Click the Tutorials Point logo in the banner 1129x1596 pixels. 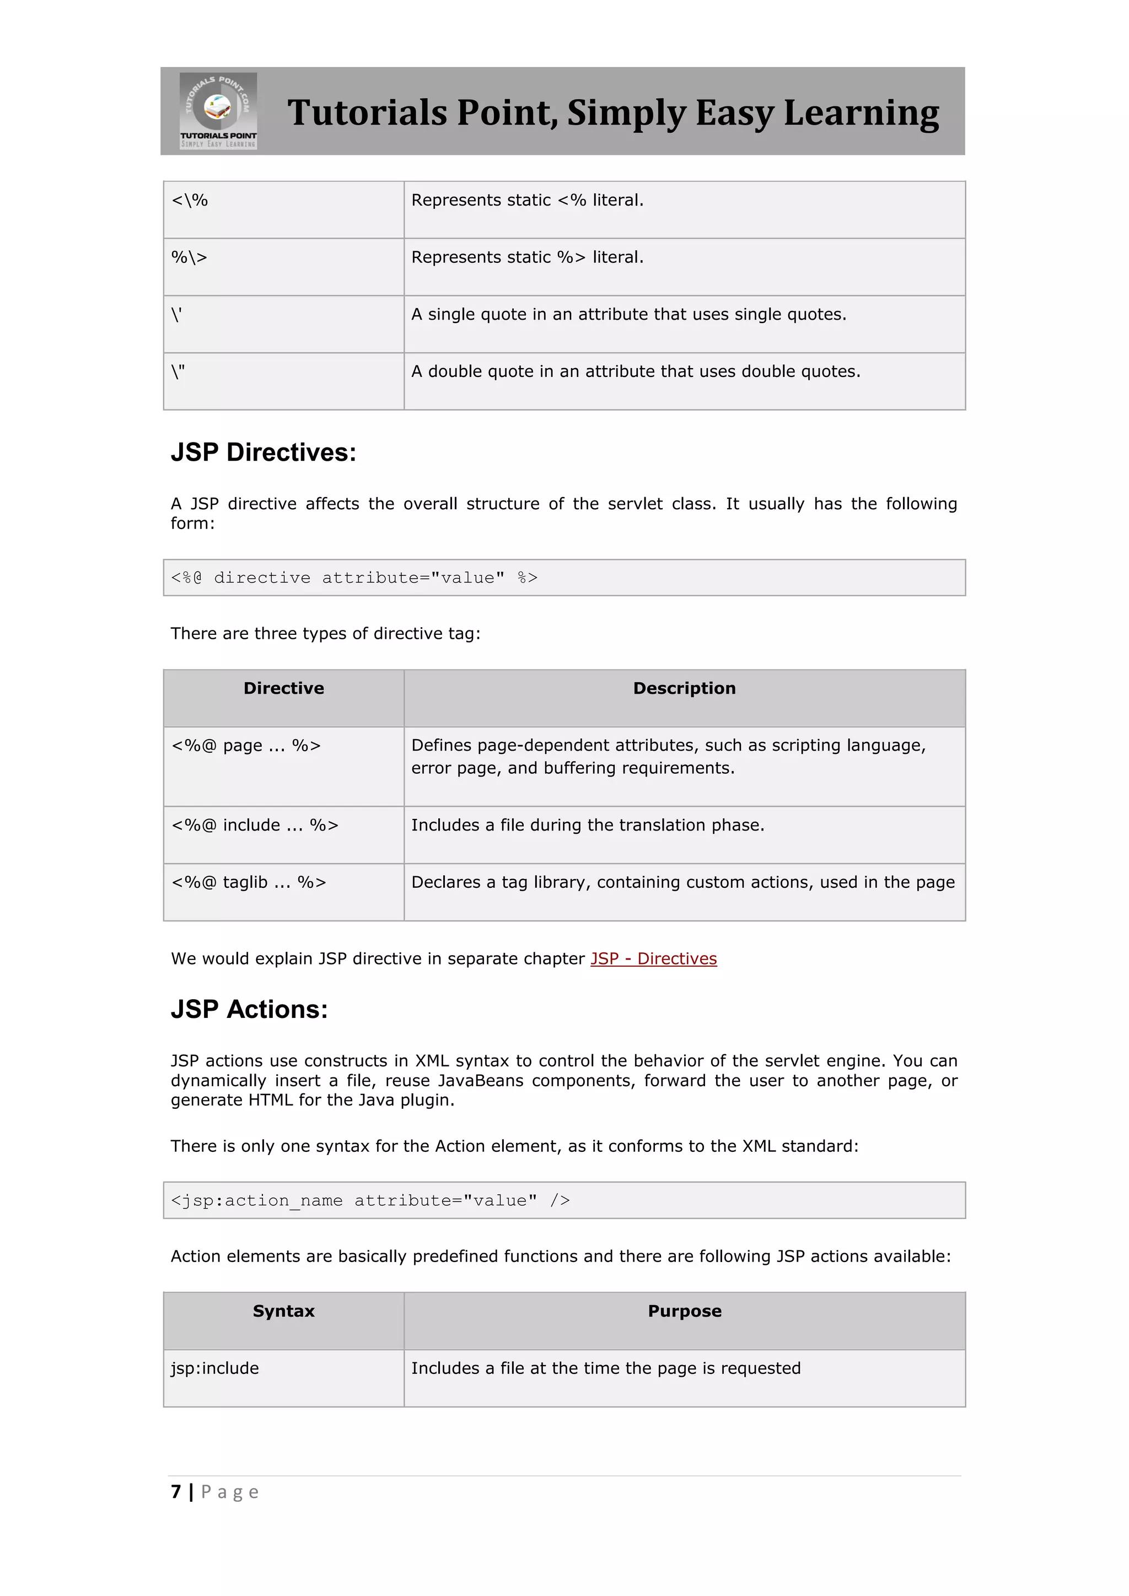point(218,111)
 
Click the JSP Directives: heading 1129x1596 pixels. point(264,452)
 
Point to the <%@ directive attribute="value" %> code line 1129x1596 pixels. point(354,578)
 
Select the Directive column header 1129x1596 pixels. point(284,688)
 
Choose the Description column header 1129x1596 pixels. point(684,688)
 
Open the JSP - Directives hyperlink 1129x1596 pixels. point(653,958)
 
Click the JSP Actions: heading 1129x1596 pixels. point(249,1009)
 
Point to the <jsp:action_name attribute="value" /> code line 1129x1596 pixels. point(370,1200)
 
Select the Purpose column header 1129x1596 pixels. point(684,1311)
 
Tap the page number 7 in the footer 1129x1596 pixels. point(176,1491)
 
